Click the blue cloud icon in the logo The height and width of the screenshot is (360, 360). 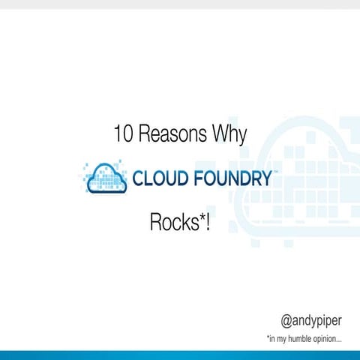tap(106, 178)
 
